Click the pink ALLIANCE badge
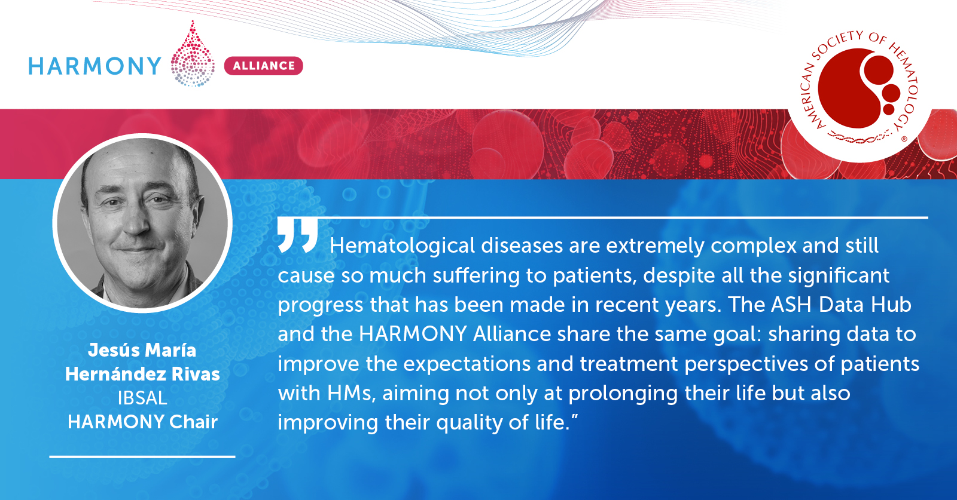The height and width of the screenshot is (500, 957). [x=264, y=66]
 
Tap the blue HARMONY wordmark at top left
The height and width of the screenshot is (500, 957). [x=95, y=66]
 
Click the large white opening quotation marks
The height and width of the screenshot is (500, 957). [x=298, y=235]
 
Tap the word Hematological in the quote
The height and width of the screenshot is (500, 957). [x=402, y=246]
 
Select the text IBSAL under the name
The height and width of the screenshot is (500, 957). [x=142, y=398]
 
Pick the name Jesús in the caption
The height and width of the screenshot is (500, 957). [x=112, y=350]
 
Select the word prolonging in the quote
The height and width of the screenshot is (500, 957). [x=623, y=393]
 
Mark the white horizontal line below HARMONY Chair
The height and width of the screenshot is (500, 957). [x=142, y=456]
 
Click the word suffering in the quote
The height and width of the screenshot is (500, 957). [x=476, y=275]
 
